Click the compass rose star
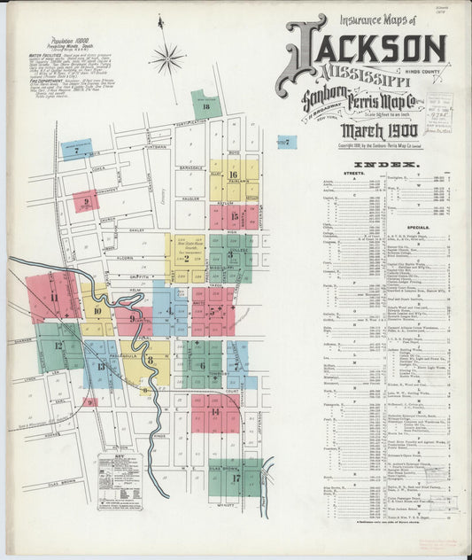pyautogui.click(x=166, y=59)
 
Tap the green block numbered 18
pyautogui.click(x=206, y=105)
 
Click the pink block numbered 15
pyautogui.click(x=234, y=216)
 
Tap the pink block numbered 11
pyautogui.click(x=53, y=297)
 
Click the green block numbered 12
pyautogui.click(x=59, y=346)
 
